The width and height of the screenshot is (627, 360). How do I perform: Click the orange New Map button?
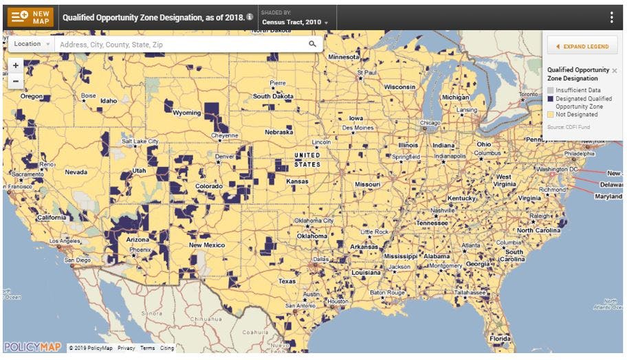coord(30,17)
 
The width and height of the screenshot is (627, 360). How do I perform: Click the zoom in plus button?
coord(16,66)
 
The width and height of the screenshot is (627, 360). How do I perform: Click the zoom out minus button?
coord(16,81)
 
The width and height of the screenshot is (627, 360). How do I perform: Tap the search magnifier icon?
coord(313,44)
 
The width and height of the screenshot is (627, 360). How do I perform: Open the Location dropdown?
coord(32,44)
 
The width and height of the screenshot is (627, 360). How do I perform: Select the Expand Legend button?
coord(582,46)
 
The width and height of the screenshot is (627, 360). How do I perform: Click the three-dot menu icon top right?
coord(611,17)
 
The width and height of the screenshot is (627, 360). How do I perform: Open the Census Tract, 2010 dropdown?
coord(295,23)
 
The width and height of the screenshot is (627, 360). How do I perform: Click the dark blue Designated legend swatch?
coord(550,99)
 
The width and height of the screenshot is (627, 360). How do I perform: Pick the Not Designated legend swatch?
coord(550,115)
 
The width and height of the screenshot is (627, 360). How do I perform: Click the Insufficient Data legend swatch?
coord(550,91)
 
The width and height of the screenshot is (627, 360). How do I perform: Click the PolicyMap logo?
coord(32,347)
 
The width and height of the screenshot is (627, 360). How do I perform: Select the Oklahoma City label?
coord(313,221)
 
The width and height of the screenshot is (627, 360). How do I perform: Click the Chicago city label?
coord(430,123)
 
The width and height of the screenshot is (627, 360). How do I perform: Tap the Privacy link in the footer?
coord(126,348)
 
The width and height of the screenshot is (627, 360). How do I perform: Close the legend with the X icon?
coord(615,70)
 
